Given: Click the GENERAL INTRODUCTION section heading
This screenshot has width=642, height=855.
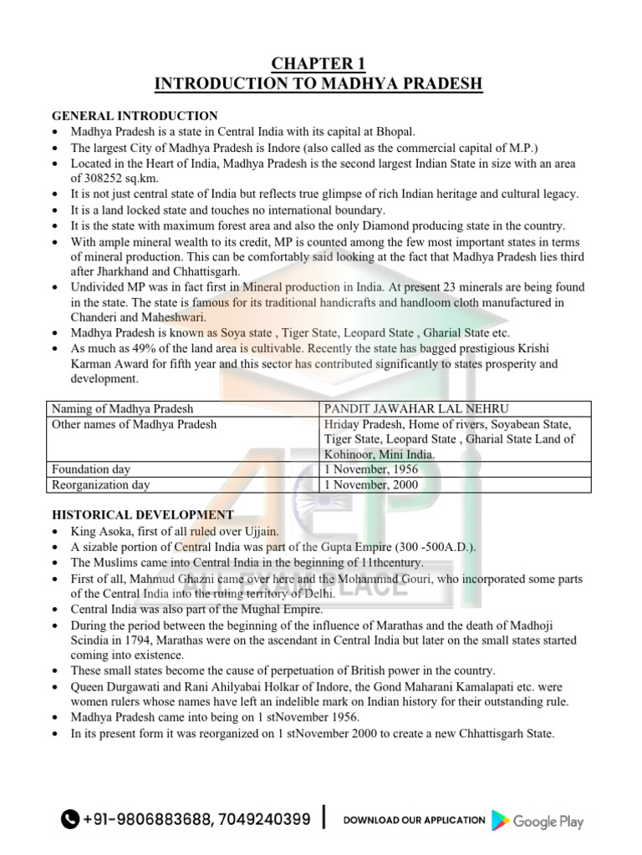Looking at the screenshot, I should [x=135, y=116].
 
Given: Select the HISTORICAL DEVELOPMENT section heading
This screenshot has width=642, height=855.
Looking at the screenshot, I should [x=143, y=515].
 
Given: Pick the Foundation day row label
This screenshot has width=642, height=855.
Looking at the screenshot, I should [x=91, y=469].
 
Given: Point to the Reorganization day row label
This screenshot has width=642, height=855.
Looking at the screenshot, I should [x=101, y=484].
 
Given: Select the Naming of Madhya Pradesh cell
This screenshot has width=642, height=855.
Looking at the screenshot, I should [x=122, y=408].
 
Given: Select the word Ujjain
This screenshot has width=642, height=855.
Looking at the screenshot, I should [x=261, y=531].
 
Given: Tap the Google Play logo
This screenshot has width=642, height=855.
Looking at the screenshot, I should [x=538, y=821].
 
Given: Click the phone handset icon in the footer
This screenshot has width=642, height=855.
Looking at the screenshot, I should [x=70, y=820].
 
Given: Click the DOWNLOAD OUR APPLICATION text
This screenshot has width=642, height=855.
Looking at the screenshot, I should [x=414, y=821].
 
